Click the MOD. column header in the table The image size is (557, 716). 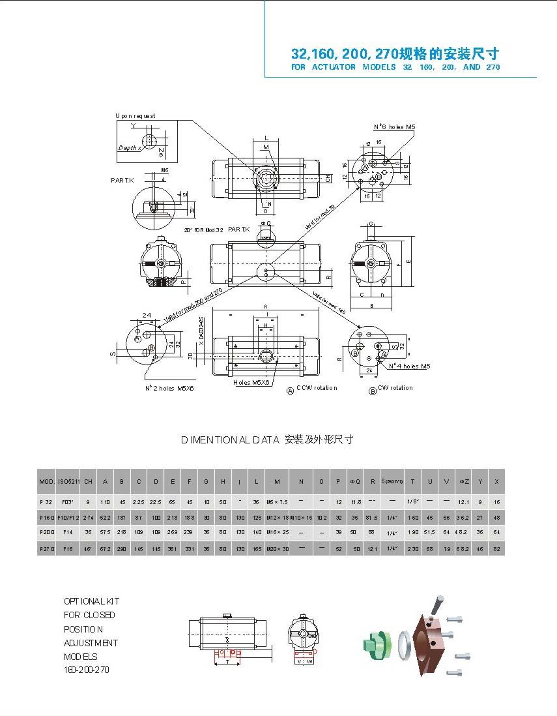point(46,481)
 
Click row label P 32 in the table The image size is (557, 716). point(46,501)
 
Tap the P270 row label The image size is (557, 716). point(46,549)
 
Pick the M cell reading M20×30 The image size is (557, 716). point(277,549)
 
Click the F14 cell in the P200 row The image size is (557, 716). point(68,532)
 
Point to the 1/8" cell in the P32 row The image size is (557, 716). point(412,501)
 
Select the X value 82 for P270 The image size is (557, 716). point(497,549)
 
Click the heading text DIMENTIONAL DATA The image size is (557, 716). point(230,440)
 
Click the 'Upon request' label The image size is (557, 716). point(136,116)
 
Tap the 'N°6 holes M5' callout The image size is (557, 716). point(394,127)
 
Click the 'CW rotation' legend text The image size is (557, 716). point(395,388)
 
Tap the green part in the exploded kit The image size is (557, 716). point(376,644)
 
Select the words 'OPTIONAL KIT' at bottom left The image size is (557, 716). point(91,601)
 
